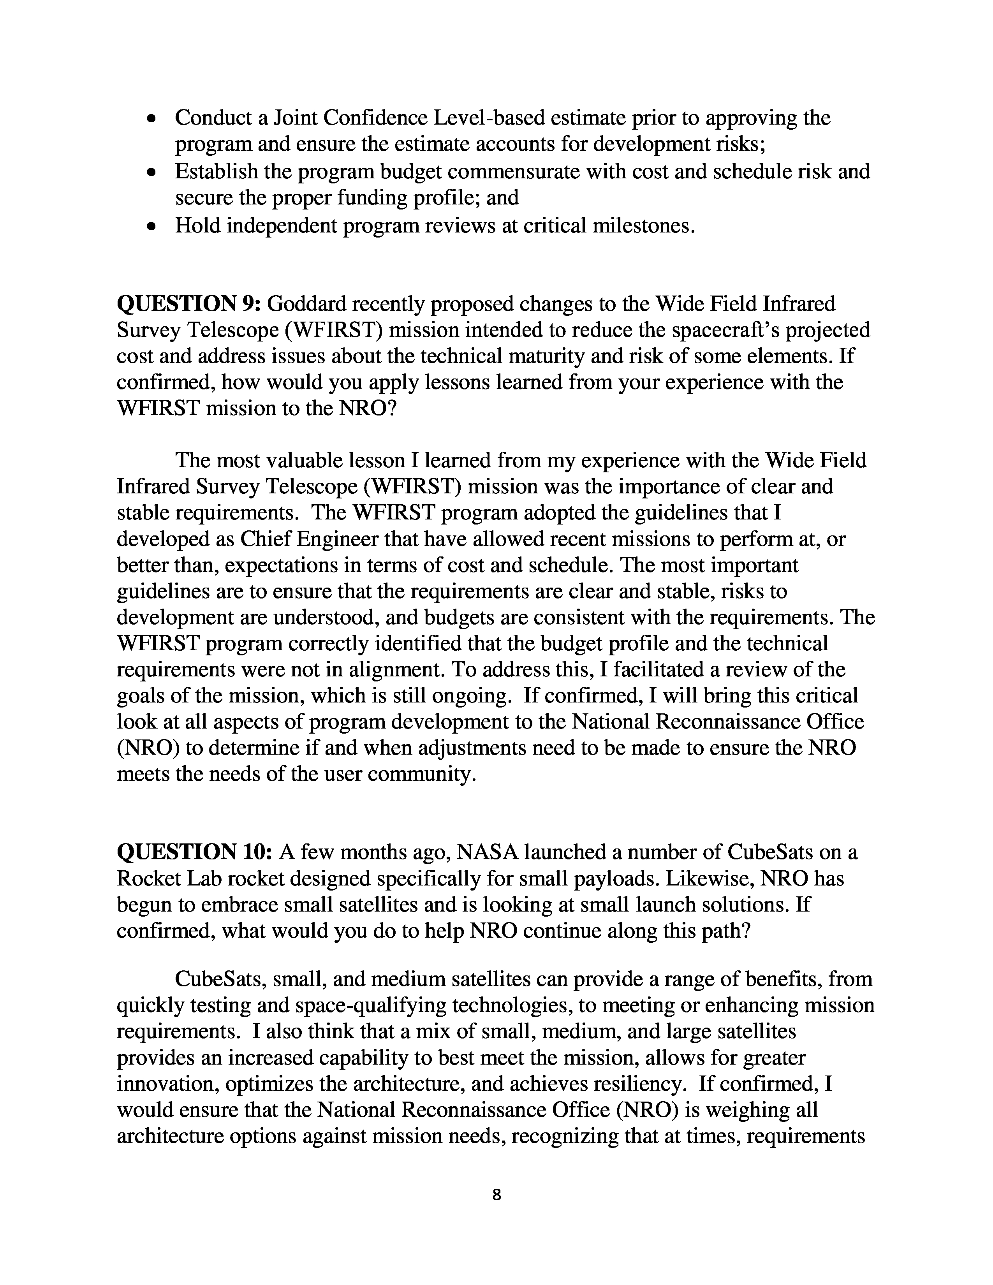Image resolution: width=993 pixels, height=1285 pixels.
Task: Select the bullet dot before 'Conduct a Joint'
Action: (152, 119)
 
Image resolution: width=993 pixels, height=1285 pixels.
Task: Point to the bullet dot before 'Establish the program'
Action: (152, 173)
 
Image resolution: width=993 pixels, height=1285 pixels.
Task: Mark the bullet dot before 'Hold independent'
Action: (152, 227)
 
